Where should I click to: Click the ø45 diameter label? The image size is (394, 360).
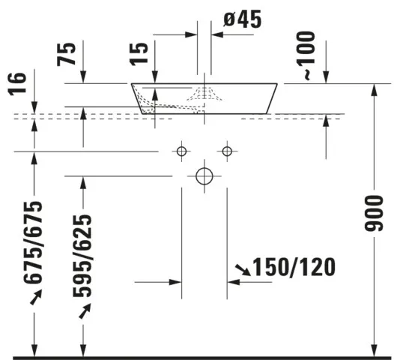(x=242, y=19)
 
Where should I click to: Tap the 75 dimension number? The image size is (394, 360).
(x=67, y=54)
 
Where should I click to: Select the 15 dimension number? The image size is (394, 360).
(x=139, y=54)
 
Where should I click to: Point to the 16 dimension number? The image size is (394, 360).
(x=16, y=84)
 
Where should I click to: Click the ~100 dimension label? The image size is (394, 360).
(x=306, y=55)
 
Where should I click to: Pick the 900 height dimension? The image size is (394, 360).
(x=374, y=213)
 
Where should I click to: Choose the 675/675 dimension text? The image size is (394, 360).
(x=33, y=242)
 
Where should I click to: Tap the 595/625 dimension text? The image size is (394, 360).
(x=82, y=256)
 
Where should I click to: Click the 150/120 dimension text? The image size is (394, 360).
(x=294, y=267)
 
